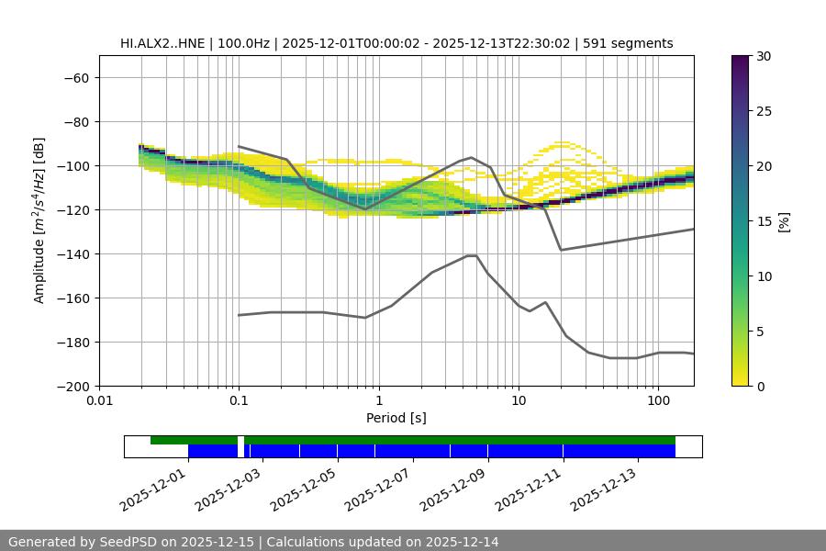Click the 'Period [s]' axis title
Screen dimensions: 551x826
point(396,419)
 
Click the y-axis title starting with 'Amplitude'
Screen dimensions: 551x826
point(39,220)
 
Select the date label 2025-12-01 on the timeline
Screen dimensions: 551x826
point(154,486)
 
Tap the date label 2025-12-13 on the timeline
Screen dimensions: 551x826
point(605,486)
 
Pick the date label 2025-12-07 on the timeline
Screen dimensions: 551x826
point(379,486)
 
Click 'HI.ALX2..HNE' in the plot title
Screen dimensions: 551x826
point(161,43)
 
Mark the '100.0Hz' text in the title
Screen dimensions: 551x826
point(245,43)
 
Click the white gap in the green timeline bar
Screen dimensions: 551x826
point(240,440)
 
